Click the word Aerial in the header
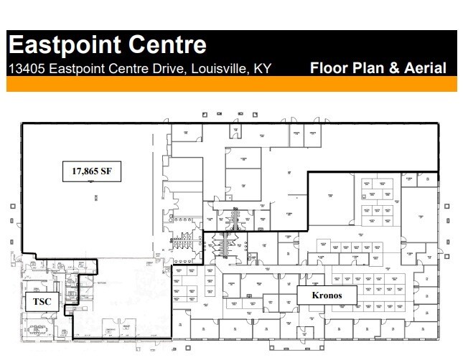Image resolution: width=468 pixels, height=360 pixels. pos(423,69)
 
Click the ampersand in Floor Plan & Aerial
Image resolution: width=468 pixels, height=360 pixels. pos(391,69)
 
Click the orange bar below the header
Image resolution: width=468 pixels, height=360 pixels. pos(231,85)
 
